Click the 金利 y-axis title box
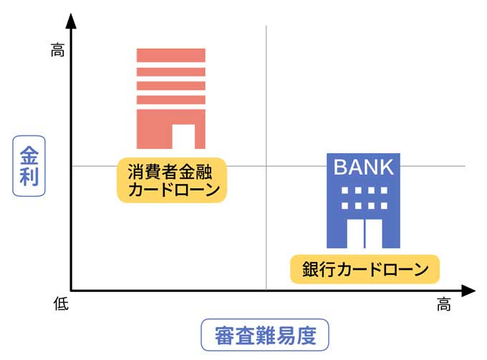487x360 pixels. (29, 166)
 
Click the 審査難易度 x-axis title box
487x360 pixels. (264, 335)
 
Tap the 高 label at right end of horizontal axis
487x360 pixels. (444, 306)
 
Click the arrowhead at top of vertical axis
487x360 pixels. (70, 21)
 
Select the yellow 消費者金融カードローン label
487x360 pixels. (172, 180)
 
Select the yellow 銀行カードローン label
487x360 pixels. (365, 270)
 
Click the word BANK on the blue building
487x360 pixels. (364, 167)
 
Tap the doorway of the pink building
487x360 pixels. (183, 136)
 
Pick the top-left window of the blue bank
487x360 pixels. (344, 191)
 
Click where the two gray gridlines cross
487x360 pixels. (266, 166)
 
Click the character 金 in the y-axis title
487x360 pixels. (29, 155)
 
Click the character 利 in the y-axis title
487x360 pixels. (29, 177)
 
